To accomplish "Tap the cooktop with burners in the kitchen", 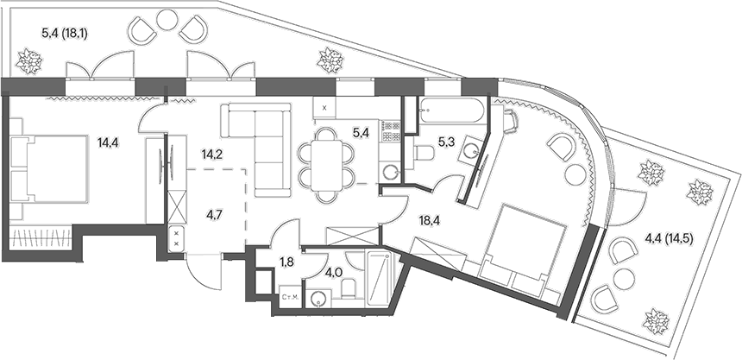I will [x=391, y=130].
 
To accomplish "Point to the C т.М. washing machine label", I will [x=292, y=299].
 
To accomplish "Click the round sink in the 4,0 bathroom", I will [x=320, y=299].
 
